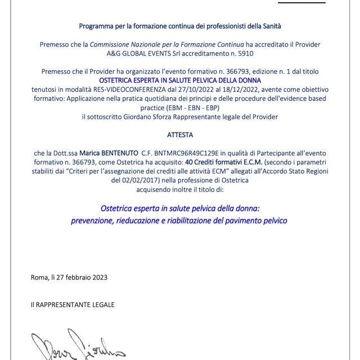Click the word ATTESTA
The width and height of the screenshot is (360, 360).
pyautogui.click(x=180, y=135)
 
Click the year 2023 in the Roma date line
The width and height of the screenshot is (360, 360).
pyautogui.click(x=98, y=277)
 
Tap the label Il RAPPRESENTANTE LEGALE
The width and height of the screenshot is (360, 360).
pyautogui.click(x=73, y=304)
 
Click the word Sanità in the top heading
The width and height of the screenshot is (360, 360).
pyautogui.click(x=269, y=26)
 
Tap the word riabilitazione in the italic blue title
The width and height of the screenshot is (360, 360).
pyautogui.click(x=187, y=220)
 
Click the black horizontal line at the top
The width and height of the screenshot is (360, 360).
pyautogui.click(x=301, y=2)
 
